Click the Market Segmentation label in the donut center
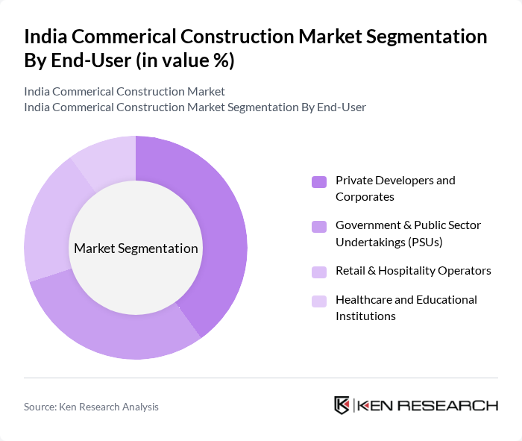(x=136, y=248)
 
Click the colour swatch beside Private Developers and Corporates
(x=319, y=181)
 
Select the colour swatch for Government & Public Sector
(x=319, y=226)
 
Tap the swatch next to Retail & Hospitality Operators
(x=319, y=271)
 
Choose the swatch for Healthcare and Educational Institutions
(x=319, y=301)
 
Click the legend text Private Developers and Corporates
(x=395, y=188)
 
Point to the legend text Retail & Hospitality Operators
(x=413, y=270)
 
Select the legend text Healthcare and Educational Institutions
(x=406, y=307)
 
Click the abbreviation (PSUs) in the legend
(x=430, y=241)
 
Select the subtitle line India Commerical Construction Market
(x=125, y=92)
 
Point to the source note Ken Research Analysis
(x=91, y=407)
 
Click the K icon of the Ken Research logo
(x=342, y=405)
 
